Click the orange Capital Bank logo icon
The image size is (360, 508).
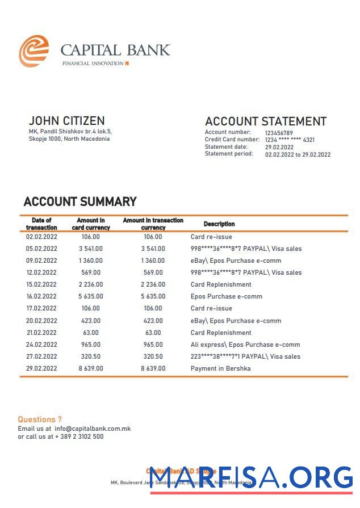(x=34, y=51)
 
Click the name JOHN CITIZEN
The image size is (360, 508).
(x=66, y=121)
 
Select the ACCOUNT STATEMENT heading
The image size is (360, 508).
(x=265, y=121)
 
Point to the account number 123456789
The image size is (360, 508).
(x=279, y=133)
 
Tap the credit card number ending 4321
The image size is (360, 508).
(x=290, y=140)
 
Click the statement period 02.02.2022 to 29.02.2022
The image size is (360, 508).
(x=298, y=154)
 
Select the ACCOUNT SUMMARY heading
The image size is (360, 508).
(x=80, y=201)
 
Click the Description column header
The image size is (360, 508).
(x=219, y=224)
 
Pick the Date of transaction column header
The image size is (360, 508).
(x=41, y=224)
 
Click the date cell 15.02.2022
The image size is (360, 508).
(x=41, y=284)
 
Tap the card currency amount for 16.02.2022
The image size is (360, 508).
(x=91, y=296)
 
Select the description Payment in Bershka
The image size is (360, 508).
(x=220, y=368)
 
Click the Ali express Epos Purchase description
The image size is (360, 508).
(x=245, y=345)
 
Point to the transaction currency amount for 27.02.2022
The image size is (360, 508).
(x=153, y=356)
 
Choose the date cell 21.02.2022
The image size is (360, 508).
(x=41, y=333)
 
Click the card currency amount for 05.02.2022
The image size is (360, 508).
(x=91, y=249)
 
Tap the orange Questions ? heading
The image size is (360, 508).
(x=40, y=419)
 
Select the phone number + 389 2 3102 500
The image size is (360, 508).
(x=79, y=436)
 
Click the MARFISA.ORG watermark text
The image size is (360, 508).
(x=250, y=478)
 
